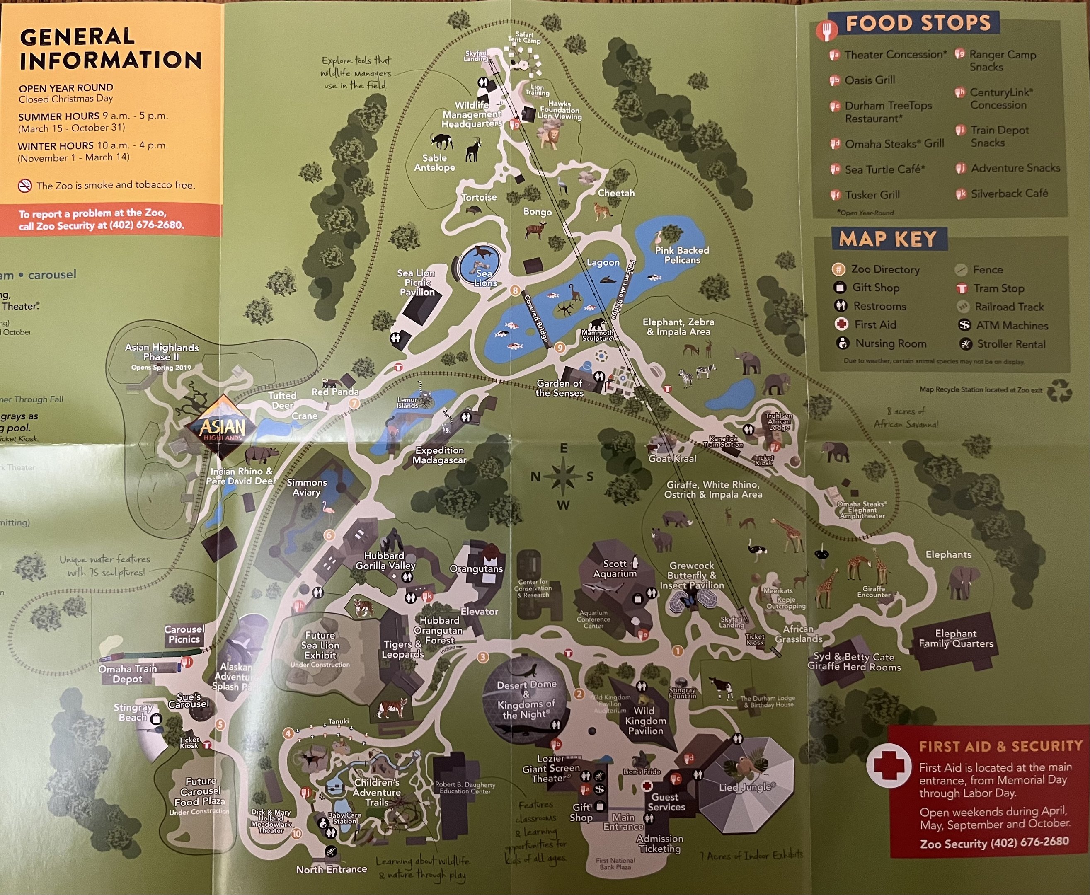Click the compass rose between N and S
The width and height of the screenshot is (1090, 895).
pyautogui.click(x=563, y=477)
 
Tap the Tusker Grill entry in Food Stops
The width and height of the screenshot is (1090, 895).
pyautogui.click(x=872, y=195)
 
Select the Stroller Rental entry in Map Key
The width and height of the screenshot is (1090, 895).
pyautogui.click(x=1010, y=344)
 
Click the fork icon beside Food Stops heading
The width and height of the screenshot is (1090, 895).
pyautogui.click(x=826, y=29)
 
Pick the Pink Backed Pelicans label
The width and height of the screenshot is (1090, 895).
pyautogui.click(x=682, y=255)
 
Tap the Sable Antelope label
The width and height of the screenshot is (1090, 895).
pyautogui.click(x=435, y=162)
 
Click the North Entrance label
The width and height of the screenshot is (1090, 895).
pyautogui.click(x=331, y=869)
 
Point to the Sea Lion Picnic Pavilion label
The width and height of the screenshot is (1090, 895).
pyautogui.click(x=417, y=283)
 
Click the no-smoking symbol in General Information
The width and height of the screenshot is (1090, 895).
pyautogui.click(x=25, y=186)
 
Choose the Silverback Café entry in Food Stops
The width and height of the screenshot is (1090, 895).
pyautogui.click(x=1009, y=194)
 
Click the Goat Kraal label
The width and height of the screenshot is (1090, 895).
pyautogui.click(x=672, y=458)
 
